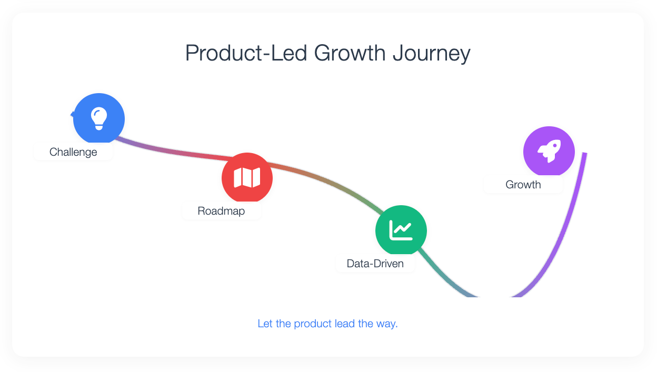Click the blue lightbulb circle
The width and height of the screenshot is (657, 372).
click(99, 119)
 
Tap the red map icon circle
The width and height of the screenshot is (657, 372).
click(247, 178)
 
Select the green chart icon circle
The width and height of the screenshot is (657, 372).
click(401, 230)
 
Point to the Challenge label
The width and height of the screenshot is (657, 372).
click(73, 152)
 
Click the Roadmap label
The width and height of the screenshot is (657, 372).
click(221, 211)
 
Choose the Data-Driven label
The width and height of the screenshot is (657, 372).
click(375, 263)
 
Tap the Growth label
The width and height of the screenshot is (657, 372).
click(523, 184)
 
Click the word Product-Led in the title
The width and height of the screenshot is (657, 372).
click(246, 53)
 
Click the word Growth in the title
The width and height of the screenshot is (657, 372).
click(350, 53)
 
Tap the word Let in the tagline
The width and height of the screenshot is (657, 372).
click(265, 324)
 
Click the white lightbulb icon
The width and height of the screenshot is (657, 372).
click(99, 119)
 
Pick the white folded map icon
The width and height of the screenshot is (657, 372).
click(247, 177)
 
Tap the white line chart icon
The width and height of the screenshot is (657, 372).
click(401, 230)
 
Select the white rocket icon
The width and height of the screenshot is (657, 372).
click(549, 151)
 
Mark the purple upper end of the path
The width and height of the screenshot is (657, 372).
click(584, 153)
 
